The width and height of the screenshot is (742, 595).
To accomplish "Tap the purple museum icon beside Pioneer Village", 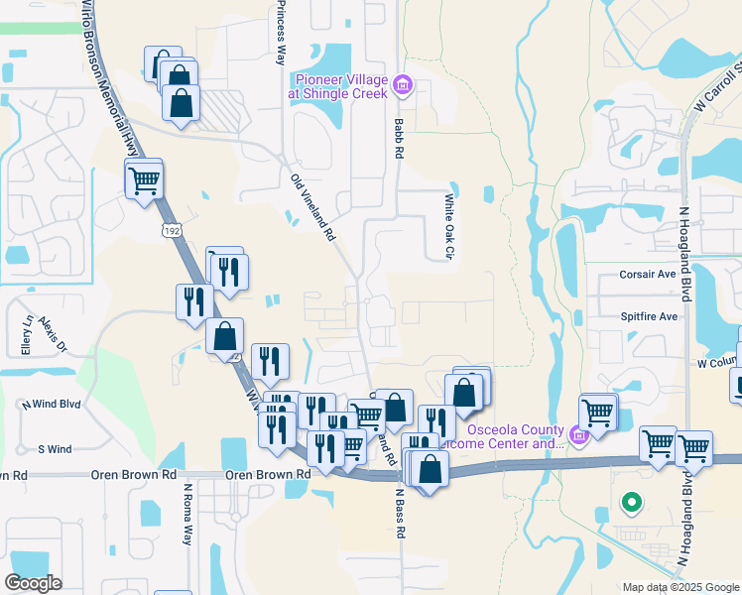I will coord(402,85).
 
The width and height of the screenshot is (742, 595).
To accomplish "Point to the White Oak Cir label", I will coord(447,227).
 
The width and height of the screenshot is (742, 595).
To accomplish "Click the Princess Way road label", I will coord(282,32).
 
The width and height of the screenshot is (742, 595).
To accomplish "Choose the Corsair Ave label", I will coord(648,274).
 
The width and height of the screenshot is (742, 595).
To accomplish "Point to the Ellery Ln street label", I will coord(27,335).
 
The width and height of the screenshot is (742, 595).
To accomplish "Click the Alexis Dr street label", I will coord(54,335).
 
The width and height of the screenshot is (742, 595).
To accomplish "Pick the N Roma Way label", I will coord(186,513).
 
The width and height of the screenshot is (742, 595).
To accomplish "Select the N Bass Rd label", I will coord(401,512).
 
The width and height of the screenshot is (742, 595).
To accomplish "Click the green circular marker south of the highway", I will coord(630,503).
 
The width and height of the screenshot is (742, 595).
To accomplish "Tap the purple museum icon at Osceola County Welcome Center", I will coord(580,433).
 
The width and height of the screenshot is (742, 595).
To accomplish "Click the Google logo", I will coord(34,583).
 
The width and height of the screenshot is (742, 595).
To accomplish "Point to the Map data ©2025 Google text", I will coord(680,587).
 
